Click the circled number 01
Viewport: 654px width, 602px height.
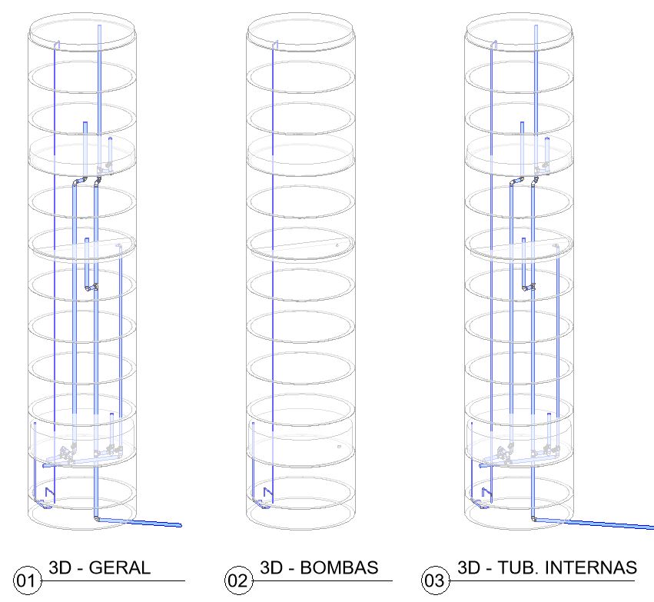[x=28, y=580]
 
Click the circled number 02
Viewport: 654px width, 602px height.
[x=238, y=580]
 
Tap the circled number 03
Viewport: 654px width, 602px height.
[x=436, y=580]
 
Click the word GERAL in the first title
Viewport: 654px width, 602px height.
[x=120, y=568]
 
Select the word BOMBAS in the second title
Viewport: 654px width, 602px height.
[x=339, y=567]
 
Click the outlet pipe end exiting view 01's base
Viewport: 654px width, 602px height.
[x=180, y=525]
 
